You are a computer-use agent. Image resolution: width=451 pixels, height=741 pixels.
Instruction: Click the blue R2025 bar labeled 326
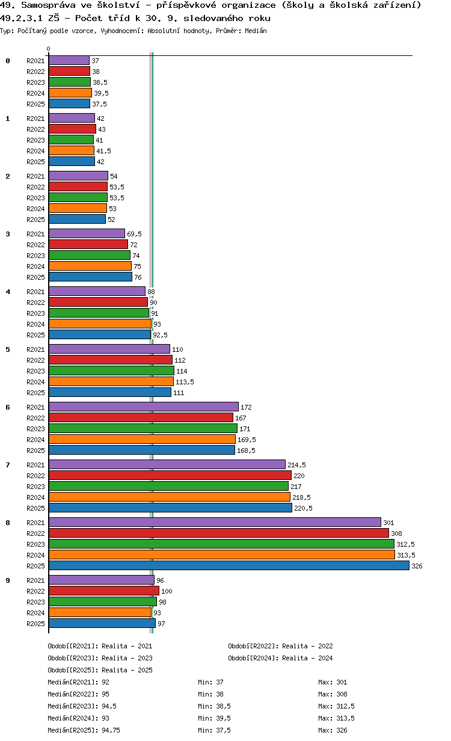[x=229, y=565]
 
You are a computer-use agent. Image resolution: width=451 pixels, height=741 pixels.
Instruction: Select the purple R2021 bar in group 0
[x=69, y=61]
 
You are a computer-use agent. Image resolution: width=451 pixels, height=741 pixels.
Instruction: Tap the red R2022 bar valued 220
[x=170, y=476]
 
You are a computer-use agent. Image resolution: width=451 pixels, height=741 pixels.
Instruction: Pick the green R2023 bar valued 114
[x=111, y=371]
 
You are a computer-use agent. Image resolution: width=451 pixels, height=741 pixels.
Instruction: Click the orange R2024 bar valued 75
[x=90, y=266]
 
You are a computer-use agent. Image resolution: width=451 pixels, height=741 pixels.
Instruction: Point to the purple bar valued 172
[x=143, y=407]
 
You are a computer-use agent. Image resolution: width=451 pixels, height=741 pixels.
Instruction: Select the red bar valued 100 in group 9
[x=103, y=591]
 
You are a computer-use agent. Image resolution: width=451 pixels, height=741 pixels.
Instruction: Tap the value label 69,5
[x=134, y=234]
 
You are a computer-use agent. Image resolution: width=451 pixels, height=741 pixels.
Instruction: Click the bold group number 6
[x=8, y=407]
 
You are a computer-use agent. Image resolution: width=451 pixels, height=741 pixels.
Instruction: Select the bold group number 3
[x=8, y=234]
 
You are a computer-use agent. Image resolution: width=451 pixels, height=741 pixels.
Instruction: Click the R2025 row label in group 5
[x=35, y=393]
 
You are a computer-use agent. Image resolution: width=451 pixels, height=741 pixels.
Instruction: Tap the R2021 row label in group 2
[x=35, y=176]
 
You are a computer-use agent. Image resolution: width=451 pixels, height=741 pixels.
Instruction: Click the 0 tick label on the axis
[x=49, y=49]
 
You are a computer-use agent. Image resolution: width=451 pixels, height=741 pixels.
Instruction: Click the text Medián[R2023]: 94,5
[x=82, y=706]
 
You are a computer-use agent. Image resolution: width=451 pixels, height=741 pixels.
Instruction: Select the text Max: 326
[x=333, y=730]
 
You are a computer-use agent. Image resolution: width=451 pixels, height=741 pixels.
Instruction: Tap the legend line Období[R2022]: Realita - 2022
[x=280, y=646]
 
